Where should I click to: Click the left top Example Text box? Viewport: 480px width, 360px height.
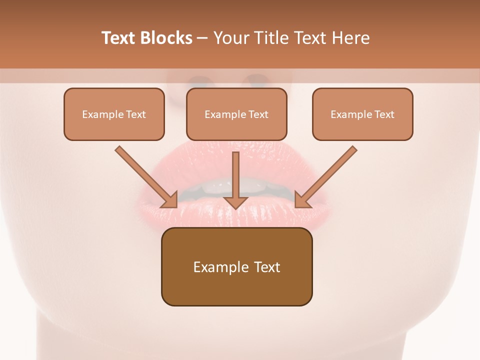coord(114,114)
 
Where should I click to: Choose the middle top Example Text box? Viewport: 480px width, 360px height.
coord(236,114)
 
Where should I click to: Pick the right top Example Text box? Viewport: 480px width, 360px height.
coord(362,114)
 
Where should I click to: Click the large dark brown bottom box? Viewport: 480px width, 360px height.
coord(236,266)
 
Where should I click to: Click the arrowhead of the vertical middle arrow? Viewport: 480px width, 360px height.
coord(235,201)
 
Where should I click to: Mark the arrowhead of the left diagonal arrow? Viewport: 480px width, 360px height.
coord(170,200)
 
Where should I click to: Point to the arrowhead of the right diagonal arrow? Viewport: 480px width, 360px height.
coord(302,200)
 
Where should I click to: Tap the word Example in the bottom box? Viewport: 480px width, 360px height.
coord(221,267)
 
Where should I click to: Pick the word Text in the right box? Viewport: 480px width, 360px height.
coord(384,114)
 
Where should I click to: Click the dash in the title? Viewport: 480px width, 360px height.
coord(203,38)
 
